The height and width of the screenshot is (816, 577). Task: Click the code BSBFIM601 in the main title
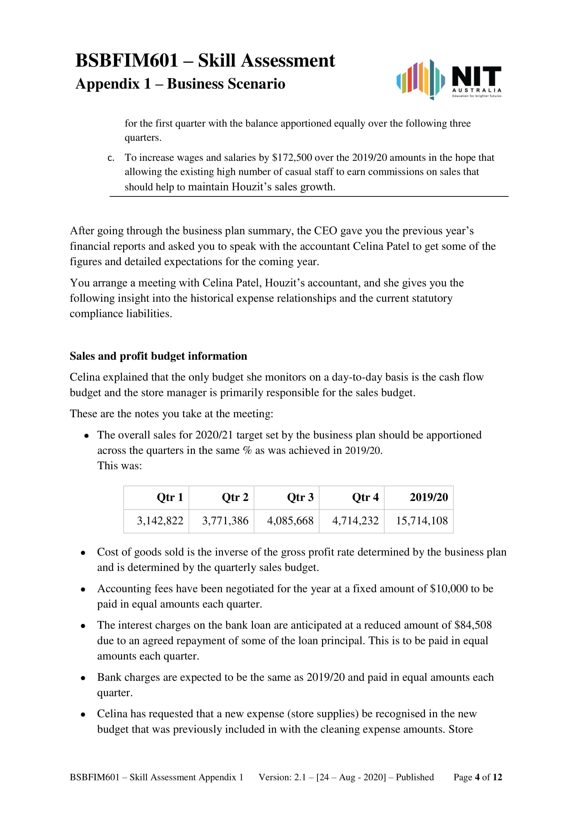(127, 60)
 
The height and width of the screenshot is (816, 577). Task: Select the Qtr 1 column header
(170, 497)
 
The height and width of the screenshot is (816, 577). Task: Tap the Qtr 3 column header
(300, 497)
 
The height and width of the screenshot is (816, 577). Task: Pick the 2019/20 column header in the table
(429, 497)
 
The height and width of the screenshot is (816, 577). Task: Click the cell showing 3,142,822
(160, 521)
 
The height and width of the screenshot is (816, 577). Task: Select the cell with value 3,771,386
(225, 521)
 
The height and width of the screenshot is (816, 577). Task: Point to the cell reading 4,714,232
(355, 521)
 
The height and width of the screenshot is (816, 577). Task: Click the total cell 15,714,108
(422, 521)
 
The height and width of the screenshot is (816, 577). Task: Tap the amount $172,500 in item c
(292, 157)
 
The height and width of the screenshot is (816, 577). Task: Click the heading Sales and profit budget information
(158, 356)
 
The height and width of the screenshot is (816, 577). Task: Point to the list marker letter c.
(111, 158)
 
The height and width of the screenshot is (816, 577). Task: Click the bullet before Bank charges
(83, 678)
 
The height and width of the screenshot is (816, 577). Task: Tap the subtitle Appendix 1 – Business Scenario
(180, 84)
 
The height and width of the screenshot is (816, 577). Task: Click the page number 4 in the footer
(477, 777)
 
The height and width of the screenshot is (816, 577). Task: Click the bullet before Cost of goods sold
(83, 553)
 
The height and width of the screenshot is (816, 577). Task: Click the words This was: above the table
(120, 466)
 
